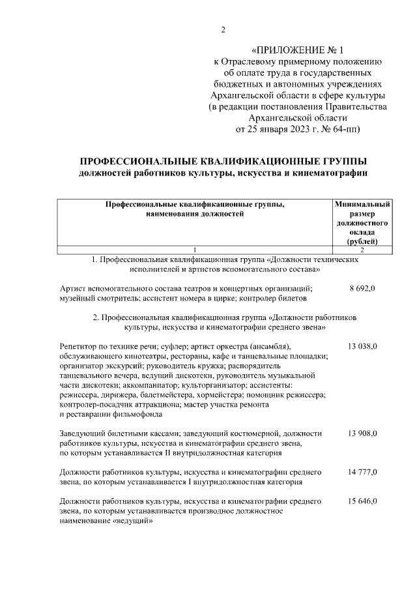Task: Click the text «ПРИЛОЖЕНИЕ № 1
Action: point(300,50)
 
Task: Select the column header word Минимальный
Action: point(362,204)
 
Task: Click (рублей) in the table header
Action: point(362,241)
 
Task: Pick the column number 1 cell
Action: point(194,250)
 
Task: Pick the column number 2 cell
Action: point(362,250)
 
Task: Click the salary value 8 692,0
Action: point(362,288)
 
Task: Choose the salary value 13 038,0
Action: point(362,345)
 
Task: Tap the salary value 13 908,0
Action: point(362,434)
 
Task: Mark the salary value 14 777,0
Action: point(362,471)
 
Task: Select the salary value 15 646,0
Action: point(362,501)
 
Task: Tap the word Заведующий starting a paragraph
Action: point(82,434)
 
